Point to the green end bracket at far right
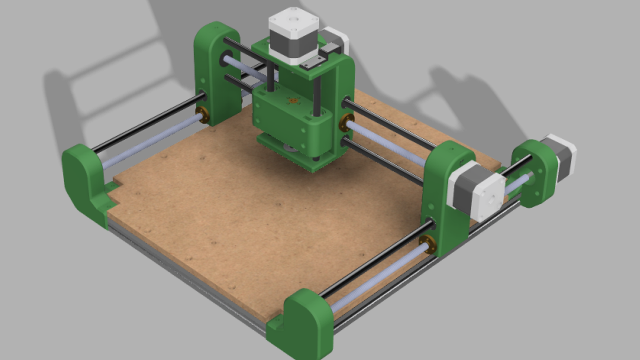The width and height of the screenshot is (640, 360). (535, 172)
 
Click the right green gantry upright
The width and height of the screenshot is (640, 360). (445, 200)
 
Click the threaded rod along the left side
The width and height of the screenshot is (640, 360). (150, 142)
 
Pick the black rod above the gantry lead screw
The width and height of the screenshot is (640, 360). (390, 125)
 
